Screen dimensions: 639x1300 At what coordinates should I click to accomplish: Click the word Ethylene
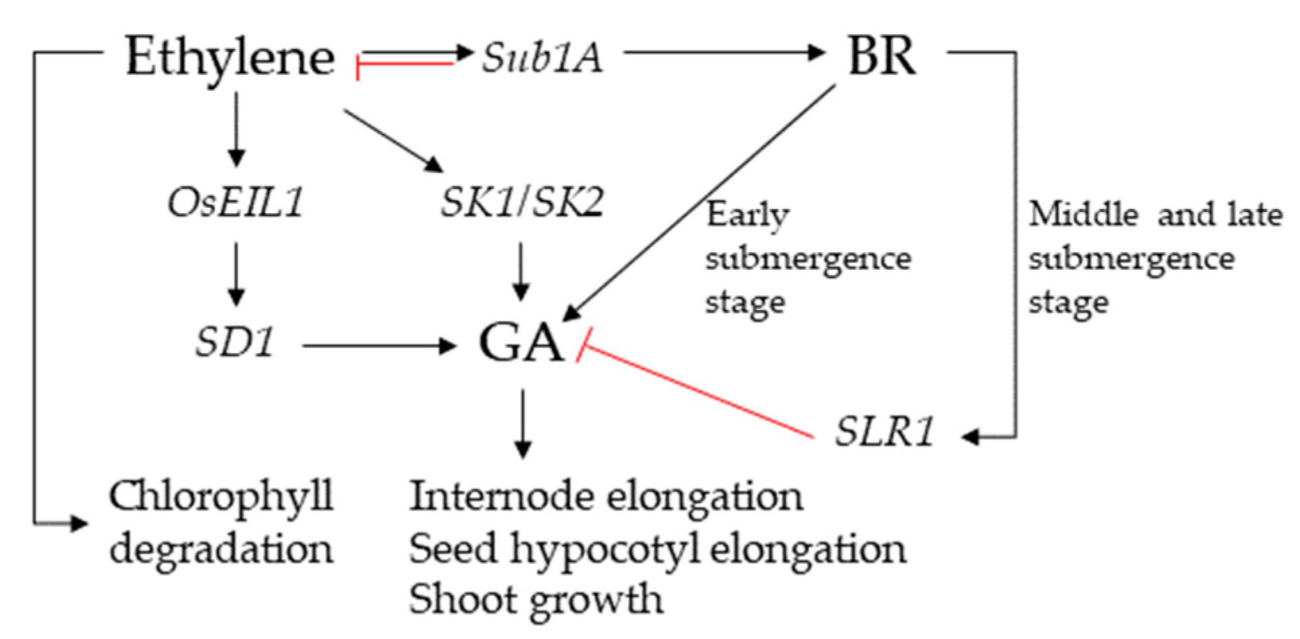click(230, 58)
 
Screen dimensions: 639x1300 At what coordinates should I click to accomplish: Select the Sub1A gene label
click(542, 58)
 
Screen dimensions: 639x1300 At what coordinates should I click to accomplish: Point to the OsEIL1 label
click(236, 202)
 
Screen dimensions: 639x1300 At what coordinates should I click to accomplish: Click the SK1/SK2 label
click(522, 202)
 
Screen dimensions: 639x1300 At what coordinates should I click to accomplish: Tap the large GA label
click(520, 343)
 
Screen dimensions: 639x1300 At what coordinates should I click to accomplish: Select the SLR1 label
click(885, 431)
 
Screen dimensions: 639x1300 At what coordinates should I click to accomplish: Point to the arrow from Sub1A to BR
click(724, 52)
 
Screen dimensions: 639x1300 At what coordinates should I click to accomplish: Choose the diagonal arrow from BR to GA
click(700, 202)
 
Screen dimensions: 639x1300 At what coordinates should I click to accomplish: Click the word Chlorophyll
click(221, 497)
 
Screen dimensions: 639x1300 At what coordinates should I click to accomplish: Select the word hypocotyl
click(605, 550)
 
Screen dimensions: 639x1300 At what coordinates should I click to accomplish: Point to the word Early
click(747, 216)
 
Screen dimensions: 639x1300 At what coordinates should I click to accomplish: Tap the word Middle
click(1083, 215)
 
